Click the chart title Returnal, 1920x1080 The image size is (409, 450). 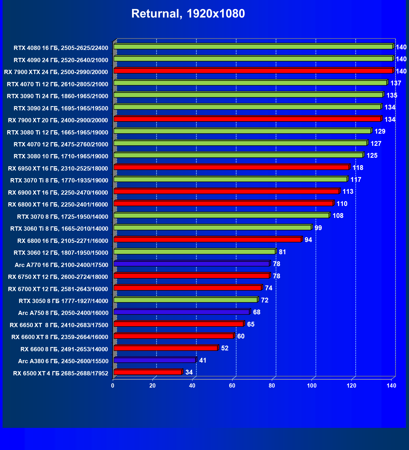tap(188, 14)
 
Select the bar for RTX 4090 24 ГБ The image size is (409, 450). tap(253, 59)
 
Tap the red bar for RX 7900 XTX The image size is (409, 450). tap(253, 71)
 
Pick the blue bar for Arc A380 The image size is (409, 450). tap(154, 360)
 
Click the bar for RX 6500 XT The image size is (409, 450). tap(147, 372)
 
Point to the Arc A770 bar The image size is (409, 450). tap(191, 264)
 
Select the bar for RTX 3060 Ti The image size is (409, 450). tap(212, 228)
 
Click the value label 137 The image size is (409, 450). tap(396, 83)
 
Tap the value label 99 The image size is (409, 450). tap(318, 228)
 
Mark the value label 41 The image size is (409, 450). tap(203, 360)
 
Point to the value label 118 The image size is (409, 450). tap(358, 168)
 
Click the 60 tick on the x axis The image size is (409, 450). tap(232, 385)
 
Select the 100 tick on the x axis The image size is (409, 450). tap(312, 385)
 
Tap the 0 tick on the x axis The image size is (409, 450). tap(113, 385)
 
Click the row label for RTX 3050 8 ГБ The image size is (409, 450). tap(63, 301)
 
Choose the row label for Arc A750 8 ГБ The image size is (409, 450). tap(63, 313)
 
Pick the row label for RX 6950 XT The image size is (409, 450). tap(58, 169)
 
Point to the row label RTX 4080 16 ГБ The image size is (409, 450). tap(61, 48)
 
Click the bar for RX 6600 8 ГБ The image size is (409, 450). tap(166, 348)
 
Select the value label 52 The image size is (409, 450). tap(224, 348)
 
